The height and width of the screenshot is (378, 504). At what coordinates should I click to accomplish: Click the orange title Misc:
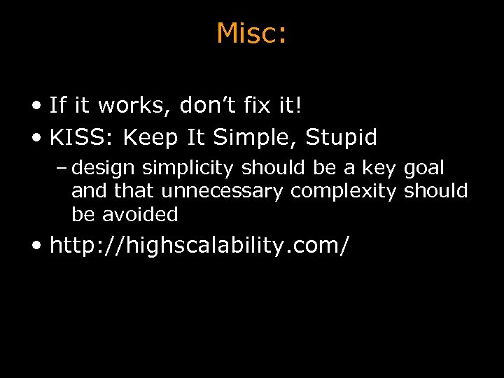click(x=251, y=33)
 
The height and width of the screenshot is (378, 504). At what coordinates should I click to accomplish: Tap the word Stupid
click(x=344, y=138)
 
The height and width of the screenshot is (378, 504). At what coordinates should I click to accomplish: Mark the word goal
click(x=424, y=169)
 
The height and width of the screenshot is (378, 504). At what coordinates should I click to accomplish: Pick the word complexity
click(x=344, y=191)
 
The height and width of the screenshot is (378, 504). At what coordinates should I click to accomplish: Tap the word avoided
click(x=140, y=214)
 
